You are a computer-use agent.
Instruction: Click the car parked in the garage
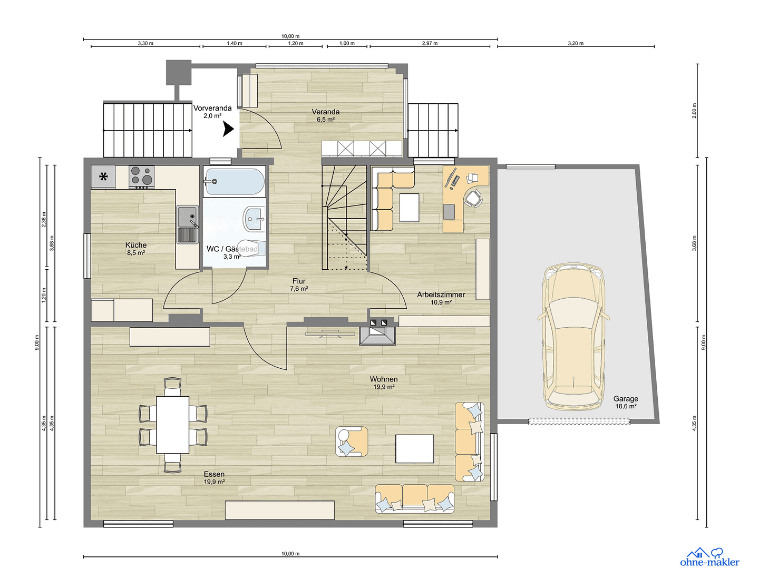tap(573, 337)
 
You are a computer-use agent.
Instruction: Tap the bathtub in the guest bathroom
tap(235, 182)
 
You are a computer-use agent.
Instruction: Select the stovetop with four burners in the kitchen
tap(141, 177)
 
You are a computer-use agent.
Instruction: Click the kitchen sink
tap(187, 224)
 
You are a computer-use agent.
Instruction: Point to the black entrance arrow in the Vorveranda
tap(228, 129)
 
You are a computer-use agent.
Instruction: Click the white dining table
tap(172, 425)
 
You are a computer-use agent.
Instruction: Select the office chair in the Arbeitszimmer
tap(473, 199)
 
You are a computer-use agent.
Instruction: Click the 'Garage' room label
tap(626, 399)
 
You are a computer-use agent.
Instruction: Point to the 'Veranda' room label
tap(325, 112)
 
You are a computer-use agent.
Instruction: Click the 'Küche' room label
tap(136, 245)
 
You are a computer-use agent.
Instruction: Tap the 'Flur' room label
tap(299, 281)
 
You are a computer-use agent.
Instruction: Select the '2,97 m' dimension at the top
tap(430, 43)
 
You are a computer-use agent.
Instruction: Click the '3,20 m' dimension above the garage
tap(576, 43)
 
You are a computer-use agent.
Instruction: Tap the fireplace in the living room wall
tap(377, 335)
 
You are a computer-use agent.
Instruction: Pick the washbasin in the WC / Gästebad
tap(254, 218)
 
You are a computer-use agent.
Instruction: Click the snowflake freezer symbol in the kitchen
tap(103, 177)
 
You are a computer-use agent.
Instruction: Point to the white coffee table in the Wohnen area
tap(415, 448)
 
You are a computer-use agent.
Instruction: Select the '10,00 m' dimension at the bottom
tap(290, 554)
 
